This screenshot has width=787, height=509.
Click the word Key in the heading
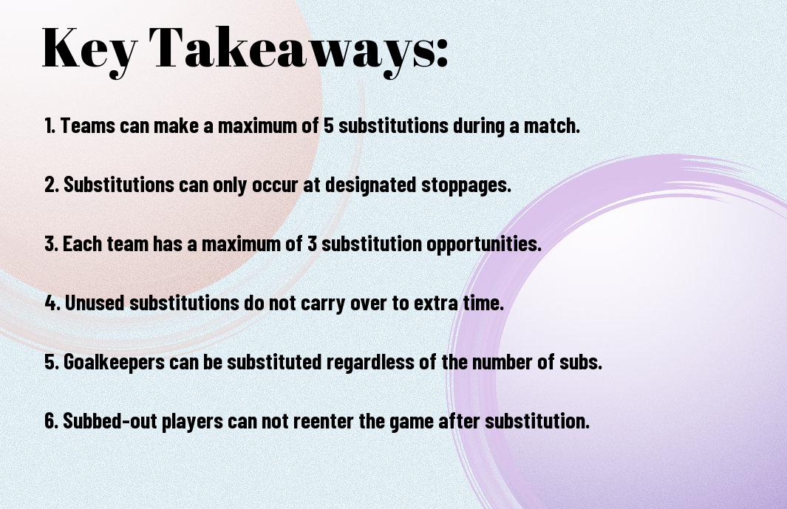[x=89, y=48]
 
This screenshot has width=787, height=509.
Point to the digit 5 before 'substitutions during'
[x=328, y=126]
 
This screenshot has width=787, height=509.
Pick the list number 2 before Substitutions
[x=50, y=185]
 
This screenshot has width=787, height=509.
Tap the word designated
[x=371, y=185]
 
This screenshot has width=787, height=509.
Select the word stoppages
[x=466, y=185]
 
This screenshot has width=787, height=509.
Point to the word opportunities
[x=484, y=245]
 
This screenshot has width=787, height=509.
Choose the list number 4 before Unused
[x=51, y=303]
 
